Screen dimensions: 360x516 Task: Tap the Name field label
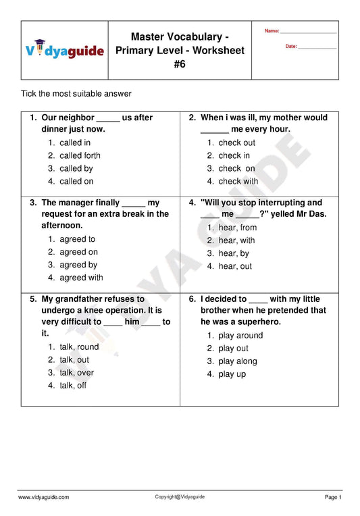point(272,31)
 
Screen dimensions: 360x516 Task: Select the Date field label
point(291,46)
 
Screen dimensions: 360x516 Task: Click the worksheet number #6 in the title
point(180,64)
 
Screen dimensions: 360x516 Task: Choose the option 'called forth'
point(80,155)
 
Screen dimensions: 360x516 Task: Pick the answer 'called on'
point(76,181)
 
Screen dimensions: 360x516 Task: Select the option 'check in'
point(234,155)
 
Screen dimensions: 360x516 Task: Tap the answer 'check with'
point(238,181)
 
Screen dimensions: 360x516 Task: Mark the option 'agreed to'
point(77,239)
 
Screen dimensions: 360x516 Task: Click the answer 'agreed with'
point(81,278)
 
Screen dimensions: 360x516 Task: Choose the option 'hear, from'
point(237,228)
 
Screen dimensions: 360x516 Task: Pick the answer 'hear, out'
point(235,266)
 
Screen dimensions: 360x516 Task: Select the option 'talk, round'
point(78,346)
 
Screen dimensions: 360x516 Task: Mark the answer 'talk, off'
point(73,386)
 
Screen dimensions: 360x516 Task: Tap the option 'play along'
point(237,361)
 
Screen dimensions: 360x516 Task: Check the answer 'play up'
point(232,374)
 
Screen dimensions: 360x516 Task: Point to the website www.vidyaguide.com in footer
point(43,497)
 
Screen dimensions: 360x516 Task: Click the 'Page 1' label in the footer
point(333,497)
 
